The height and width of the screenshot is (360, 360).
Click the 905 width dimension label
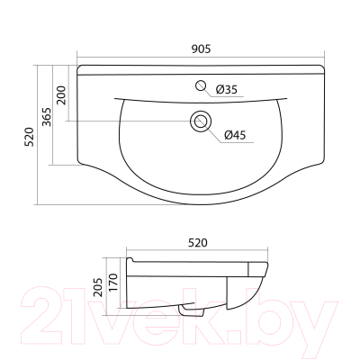(201, 49)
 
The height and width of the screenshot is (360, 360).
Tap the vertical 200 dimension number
(61, 94)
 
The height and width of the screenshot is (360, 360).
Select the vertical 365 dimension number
(46, 116)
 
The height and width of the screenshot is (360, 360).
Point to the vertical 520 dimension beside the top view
(30, 137)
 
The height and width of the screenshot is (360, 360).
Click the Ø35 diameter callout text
(227, 89)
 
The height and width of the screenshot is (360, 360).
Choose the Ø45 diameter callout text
(235, 135)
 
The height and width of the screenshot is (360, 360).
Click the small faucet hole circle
(200, 85)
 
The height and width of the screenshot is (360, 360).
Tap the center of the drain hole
(201, 121)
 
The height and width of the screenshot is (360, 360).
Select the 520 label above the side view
(198, 242)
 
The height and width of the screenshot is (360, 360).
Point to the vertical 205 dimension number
(98, 287)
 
